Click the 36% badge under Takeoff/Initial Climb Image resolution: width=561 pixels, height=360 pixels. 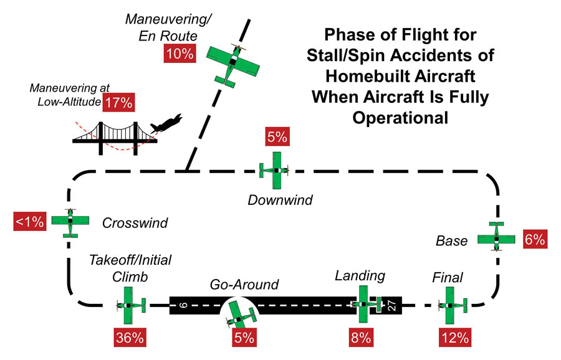tap(130, 338)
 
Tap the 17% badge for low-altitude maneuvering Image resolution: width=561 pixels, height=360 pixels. tap(119, 103)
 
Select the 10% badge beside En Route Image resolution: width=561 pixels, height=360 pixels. tap(180, 54)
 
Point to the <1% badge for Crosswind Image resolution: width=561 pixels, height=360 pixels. tap(30, 222)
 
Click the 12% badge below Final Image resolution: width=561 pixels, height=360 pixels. tap(455, 338)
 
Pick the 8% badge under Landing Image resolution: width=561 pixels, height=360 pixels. tap(361, 338)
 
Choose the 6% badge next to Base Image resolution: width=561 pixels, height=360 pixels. tap(535, 239)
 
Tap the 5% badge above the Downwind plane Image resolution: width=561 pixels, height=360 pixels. tap(277, 136)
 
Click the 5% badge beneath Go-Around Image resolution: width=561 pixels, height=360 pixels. tap(244, 338)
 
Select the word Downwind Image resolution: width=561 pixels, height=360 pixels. tap(280, 200)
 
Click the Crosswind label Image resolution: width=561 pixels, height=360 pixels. tap(135, 223)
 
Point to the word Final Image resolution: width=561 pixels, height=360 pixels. tap(448, 277)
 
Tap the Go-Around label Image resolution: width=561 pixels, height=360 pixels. tap(244, 285)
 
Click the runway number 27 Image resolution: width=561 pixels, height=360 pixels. tap(392, 305)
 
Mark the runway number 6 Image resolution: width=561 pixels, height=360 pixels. tap(183, 305)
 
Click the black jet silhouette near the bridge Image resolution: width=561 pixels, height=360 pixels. tap(166, 124)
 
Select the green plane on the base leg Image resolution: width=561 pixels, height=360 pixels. tap(496, 236)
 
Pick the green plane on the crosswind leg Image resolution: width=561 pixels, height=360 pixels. tap(70, 223)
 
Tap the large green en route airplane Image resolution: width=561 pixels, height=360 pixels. tap(233, 65)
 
